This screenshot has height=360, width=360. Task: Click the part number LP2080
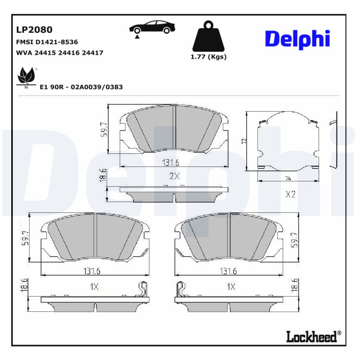click(34, 30)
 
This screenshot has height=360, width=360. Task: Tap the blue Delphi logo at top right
click(297, 40)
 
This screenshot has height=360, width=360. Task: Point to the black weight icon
click(208, 36)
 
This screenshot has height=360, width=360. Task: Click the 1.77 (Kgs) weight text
click(208, 57)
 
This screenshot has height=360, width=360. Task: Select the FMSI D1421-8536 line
click(47, 42)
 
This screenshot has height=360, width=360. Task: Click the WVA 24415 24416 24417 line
click(59, 53)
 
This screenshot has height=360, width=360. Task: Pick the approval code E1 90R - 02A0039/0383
click(81, 87)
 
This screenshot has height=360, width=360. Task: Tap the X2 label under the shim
click(290, 195)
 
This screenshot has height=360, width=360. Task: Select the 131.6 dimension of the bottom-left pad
click(91, 271)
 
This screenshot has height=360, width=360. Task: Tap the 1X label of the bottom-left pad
click(94, 287)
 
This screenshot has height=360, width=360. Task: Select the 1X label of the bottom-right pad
click(231, 287)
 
